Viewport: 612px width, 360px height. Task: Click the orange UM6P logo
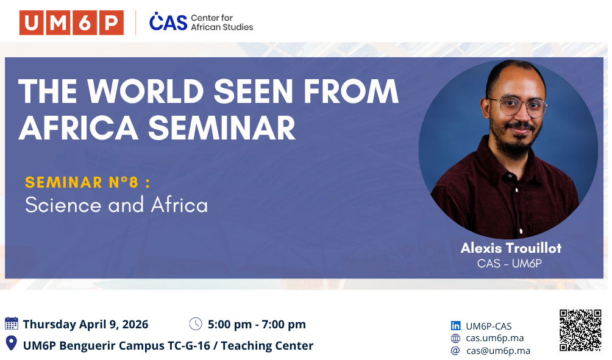click(x=71, y=23)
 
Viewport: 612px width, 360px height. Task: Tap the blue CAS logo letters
click(x=168, y=21)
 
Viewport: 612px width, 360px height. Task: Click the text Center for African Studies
click(x=222, y=23)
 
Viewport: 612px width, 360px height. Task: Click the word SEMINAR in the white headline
click(x=222, y=129)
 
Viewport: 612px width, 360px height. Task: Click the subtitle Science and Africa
click(x=116, y=205)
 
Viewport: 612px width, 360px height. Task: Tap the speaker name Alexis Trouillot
click(x=511, y=248)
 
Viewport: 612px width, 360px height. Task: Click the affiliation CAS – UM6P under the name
click(x=510, y=264)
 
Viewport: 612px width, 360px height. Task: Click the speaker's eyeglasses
click(x=518, y=106)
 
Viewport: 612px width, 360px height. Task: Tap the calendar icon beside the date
click(x=12, y=323)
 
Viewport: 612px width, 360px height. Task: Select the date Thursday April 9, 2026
click(x=85, y=324)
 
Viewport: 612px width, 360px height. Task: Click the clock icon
click(x=196, y=323)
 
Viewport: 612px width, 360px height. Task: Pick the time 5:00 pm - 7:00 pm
click(x=257, y=324)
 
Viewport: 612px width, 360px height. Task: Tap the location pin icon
click(x=12, y=343)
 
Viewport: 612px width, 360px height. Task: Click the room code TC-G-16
click(x=188, y=345)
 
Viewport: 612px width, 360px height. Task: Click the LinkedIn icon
click(x=455, y=326)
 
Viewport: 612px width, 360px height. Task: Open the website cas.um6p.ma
click(x=494, y=338)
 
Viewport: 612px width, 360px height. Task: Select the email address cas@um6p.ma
click(x=498, y=351)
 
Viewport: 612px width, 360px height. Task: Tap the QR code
click(x=580, y=330)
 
